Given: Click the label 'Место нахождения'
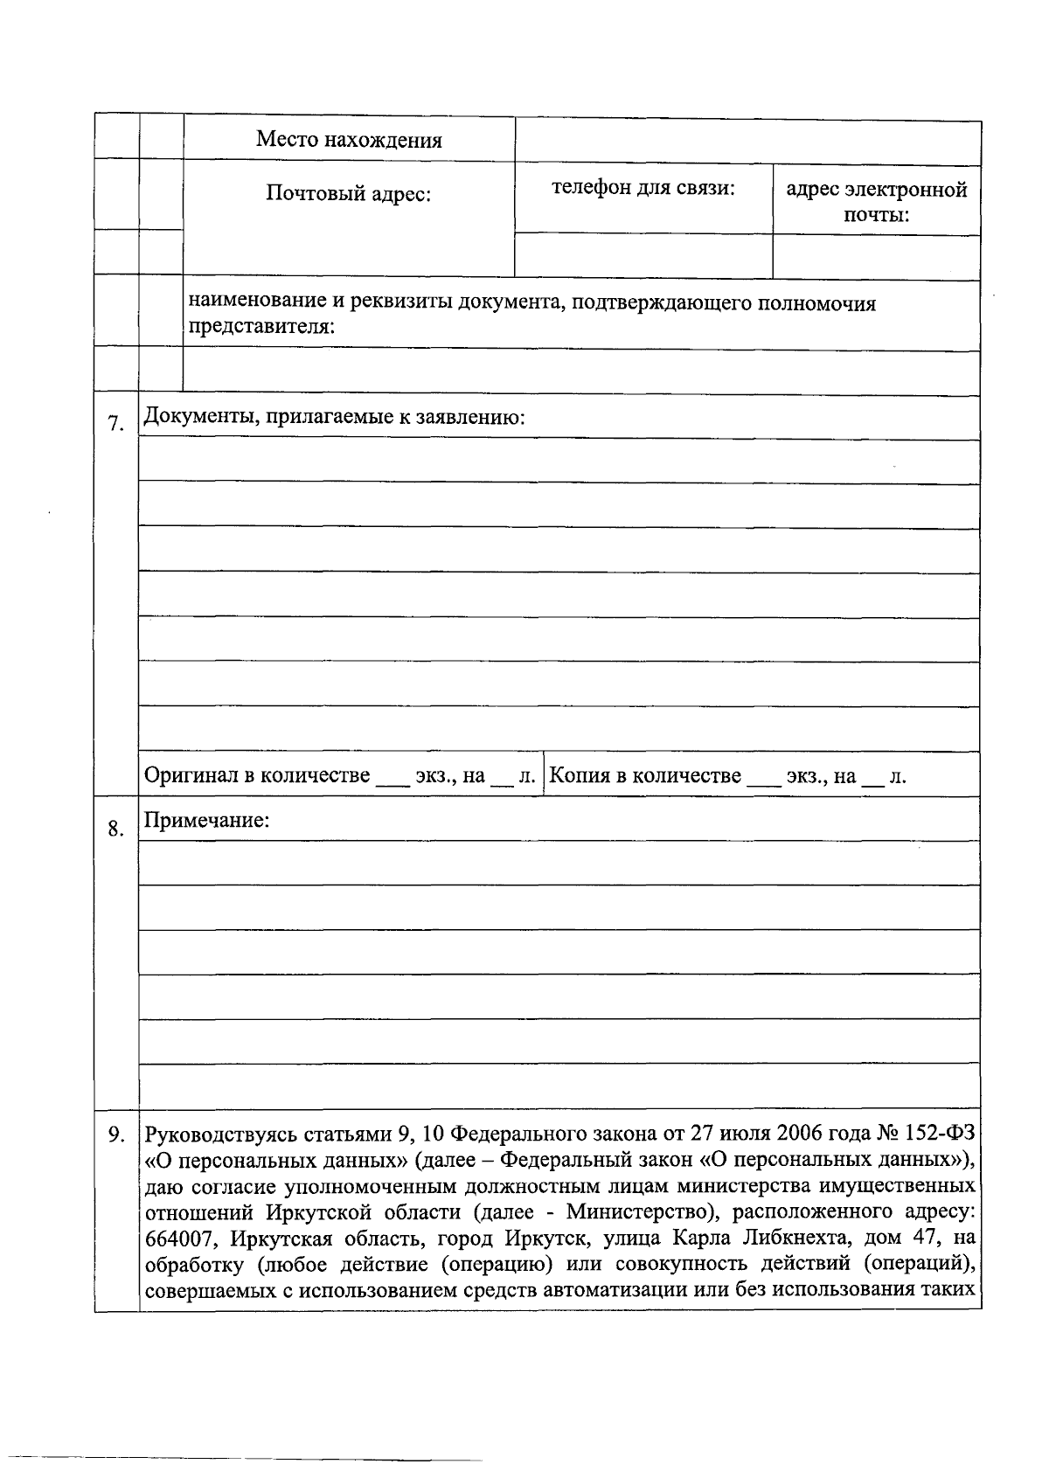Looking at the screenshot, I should (x=349, y=140).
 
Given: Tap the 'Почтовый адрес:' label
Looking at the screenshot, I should (x=349, y=193).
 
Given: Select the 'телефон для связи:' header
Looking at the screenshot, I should (x=643, y=188).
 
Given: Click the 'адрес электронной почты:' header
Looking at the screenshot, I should (x=876, y=202).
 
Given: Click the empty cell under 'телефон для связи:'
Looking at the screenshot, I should (x=643, y=256).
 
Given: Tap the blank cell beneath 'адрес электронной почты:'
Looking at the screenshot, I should (x=876, y=258).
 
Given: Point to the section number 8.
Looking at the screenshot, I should (x=115, y=828).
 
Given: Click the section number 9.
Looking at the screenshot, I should (x=115, y=1135).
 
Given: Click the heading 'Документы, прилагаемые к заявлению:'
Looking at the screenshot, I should (x=335, y=417).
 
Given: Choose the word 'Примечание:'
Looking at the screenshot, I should (x=207, y=821).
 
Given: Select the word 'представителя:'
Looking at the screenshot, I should (x=262, y=327).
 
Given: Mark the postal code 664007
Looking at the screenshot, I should (x=178, y=1239).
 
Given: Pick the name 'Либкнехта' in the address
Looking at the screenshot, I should (x=797, y=1239).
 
